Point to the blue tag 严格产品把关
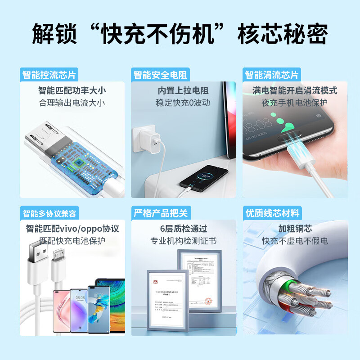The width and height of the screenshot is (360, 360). pyautogui.click(x=160, y=212)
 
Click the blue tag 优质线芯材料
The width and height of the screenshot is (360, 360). pyautogui.click(x=271, y=212)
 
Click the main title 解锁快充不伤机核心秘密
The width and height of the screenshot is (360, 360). pyautogui.click(x=180, y=34)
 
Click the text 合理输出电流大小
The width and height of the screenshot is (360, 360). pyautogui.click(x=72, y=103)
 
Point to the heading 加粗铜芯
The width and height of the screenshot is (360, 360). pyautogui.click(x=295, y=229)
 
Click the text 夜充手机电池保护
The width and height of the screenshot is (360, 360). pyautogui.click(x=295, y=103)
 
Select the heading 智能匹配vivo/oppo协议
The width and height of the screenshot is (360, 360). pyautogui.click(x=72, y=229)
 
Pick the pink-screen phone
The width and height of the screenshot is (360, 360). pyautogui.click(x=63, y=310)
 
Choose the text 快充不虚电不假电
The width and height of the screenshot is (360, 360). pyautogui.click(x=295, y=241)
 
